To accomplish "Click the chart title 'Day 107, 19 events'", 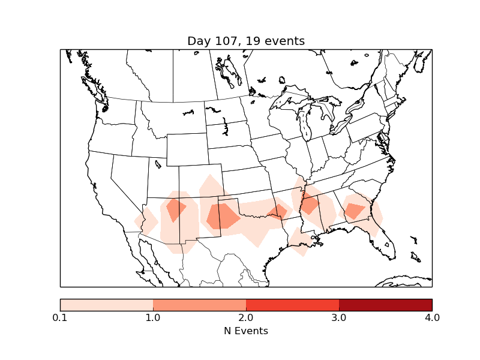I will [246, 41].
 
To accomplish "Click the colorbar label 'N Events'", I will [246, 331].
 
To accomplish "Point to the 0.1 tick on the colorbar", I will [60, 317].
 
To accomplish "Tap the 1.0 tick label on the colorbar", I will [153, 317].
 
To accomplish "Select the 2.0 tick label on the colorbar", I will [246, 317].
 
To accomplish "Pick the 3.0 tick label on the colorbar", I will [339, 317].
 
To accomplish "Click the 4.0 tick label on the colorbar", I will [431, 317].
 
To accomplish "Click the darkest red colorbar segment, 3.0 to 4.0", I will [385, 305].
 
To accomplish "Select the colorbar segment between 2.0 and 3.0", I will [292, 305].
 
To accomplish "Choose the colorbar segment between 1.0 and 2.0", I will [199, 305].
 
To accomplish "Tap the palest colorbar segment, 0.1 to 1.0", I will [107, 305].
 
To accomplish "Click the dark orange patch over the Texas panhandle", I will [222, 216].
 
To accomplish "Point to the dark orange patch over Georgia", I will [354, 210].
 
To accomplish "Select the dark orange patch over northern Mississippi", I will [310, 205].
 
